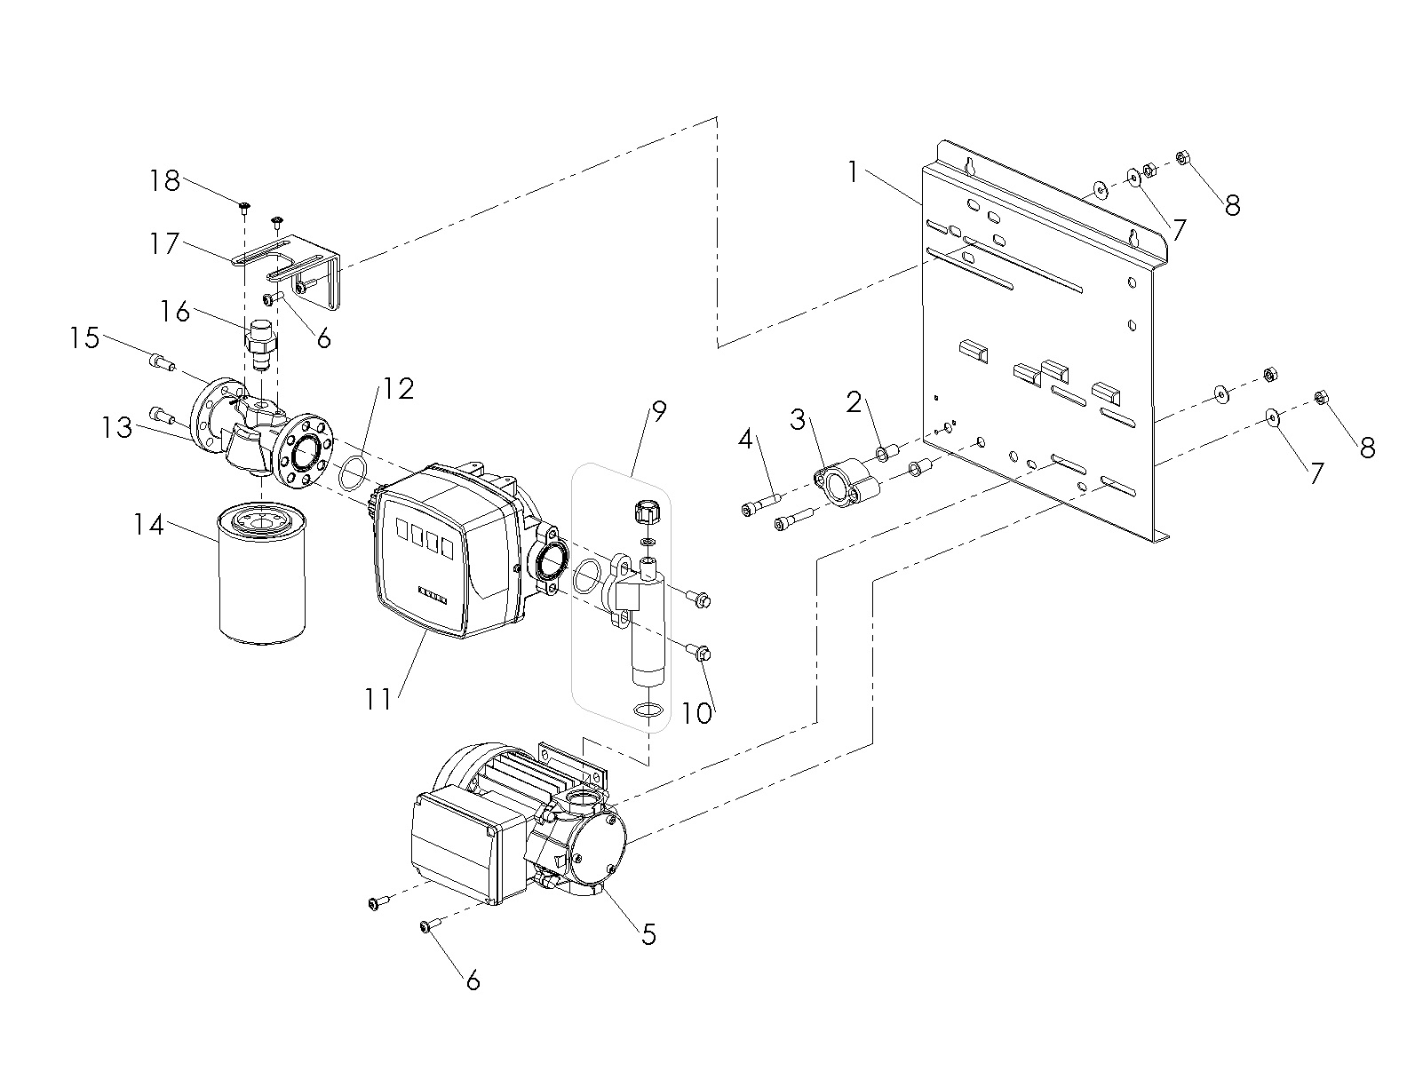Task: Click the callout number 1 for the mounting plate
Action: pos(854,172)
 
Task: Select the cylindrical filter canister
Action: pos(261,575)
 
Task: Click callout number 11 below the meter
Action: pos(378,700)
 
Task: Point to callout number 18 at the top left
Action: pos(164,180)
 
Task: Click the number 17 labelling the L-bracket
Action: pos(163,244)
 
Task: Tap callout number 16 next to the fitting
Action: pos(175,312)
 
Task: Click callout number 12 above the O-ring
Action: pos(398,389)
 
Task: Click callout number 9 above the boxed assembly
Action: pos(658,412)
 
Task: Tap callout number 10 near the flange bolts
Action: pos(696,713)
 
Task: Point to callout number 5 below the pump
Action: pos(648,934)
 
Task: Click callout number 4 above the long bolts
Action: pos(746,440)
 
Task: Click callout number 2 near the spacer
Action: pos(854,402)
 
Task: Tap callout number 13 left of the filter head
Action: pos(117,428)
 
